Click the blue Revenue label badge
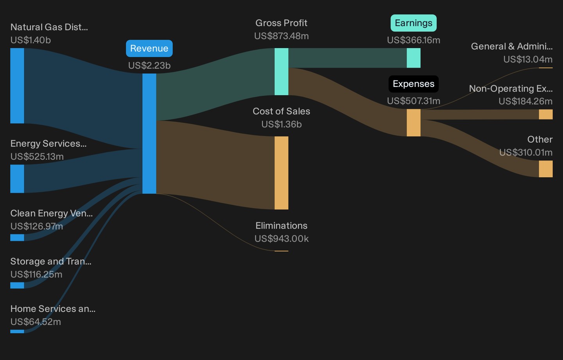click(x=149, y=48)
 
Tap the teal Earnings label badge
click(x=414, y=23)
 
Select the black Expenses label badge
click(x=414, y=84)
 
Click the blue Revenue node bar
click(x=149, y=133)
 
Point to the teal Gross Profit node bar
click(x=281, y=72)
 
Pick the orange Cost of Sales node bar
click(x=281, y=173)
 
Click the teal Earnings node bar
click(x=414, y=58)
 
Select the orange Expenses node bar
click(x=414, y=123)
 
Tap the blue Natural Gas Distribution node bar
click(x=17, y=86)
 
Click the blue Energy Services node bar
click(x=17, y=179)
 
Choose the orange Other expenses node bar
click(x=546, y=169)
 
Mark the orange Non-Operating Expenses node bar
click(x=546, y=114)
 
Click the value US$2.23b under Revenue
click(x=149, y=65)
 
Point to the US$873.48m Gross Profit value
click(x=281, y=36)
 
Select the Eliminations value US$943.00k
click(x=281, y=238)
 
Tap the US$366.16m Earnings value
click(x=414, y=40)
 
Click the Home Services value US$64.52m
click(x=36, y=322)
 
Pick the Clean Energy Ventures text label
click(x=52, y=213)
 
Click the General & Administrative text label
click(x=512, y=46)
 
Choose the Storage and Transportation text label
click(x=51, y=261)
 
